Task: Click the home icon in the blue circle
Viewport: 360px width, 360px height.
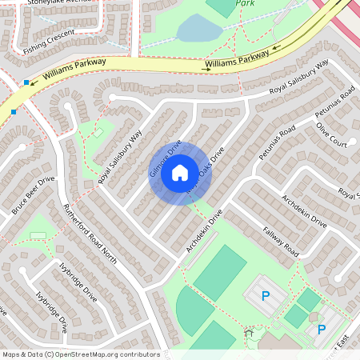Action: (180, 172)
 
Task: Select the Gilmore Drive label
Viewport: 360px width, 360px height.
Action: (166, 158)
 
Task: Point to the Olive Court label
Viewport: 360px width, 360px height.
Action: (331, 135)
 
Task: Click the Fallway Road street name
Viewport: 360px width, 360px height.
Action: (281, 240)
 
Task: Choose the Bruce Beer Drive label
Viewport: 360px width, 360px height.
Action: (33, 196)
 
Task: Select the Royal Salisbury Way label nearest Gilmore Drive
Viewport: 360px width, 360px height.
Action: (120, 155)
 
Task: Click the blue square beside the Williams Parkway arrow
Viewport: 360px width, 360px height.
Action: (26, 82)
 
